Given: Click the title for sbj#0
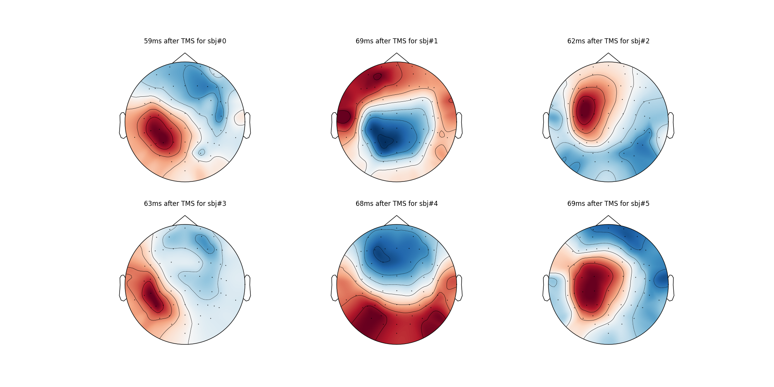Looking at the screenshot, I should (185, 41).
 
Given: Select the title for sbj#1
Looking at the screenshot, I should (397, 41).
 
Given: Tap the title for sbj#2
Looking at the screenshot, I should (608, 41).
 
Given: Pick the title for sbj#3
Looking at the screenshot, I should (185, 204).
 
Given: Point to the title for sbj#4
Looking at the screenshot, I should (397, 204).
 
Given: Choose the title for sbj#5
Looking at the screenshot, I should (608, 204).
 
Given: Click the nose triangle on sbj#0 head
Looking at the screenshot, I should (185, 58).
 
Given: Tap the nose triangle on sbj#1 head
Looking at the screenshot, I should (397, 58).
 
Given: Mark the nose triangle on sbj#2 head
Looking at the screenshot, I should (608, 58).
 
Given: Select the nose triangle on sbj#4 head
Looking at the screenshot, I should (397, 220).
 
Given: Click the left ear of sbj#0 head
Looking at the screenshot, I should (122, 125).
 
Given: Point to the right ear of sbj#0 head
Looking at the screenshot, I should (247, 125).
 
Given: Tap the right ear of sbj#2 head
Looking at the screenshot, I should (671, 125).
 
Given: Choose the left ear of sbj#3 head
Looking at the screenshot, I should (122, 288).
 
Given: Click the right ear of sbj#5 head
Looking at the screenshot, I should (671, 288).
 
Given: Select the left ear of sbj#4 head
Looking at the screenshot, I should (334, 288).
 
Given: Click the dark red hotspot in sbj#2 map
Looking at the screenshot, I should (586, 109).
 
